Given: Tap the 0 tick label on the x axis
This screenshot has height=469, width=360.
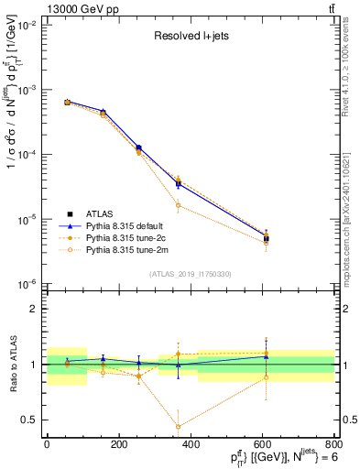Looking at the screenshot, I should coord(47,444).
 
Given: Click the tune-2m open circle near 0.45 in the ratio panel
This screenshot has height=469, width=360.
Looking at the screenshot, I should coord(178,426).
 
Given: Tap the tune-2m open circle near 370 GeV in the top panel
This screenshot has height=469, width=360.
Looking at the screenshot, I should coord(178,205).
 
